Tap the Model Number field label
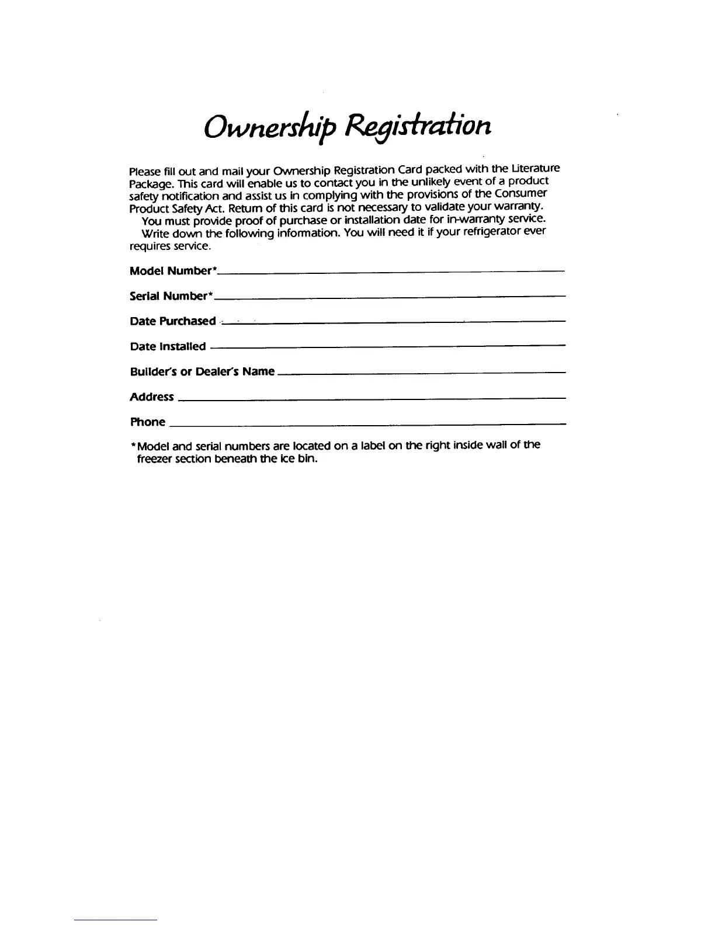[x=173, y=271]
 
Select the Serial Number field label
[x=170, y=296]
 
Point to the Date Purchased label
[x=172, y=321]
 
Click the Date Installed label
[x=168, y=346]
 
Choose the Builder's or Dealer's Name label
[x=202, y=371]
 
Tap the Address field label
[x=151, y=397]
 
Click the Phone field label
[x=147, y=422]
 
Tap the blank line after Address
[x=372, y=398]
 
